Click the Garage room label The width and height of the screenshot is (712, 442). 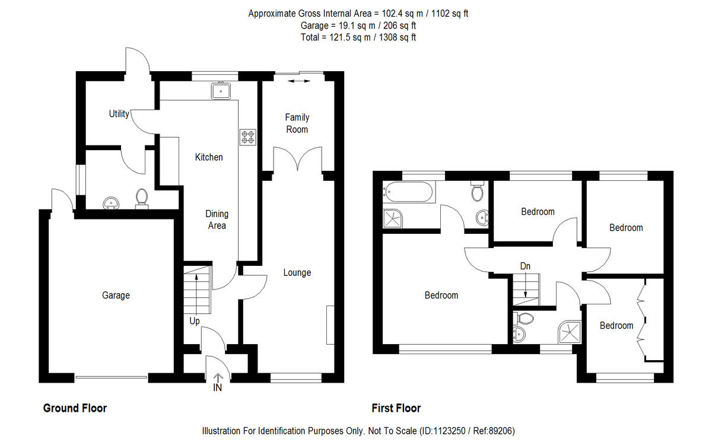(x=116, y=295)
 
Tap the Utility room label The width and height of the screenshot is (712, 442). (x=119, y=114)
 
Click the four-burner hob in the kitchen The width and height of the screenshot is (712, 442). (x=247, y=138)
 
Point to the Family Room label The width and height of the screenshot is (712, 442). (x=297, y=123)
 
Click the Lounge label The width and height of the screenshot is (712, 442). (x=297, y=273)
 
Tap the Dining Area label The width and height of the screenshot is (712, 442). (x=217, y=220)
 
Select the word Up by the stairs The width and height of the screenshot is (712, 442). (x=195, y=322)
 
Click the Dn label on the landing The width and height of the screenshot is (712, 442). (x=525, y=266)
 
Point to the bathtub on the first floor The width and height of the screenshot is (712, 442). (x=409, y=192)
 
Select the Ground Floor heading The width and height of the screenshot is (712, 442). (x=75, y=408)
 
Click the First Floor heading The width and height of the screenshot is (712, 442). (x=396, y=408)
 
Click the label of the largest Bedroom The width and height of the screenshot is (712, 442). (x=441, y=295)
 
